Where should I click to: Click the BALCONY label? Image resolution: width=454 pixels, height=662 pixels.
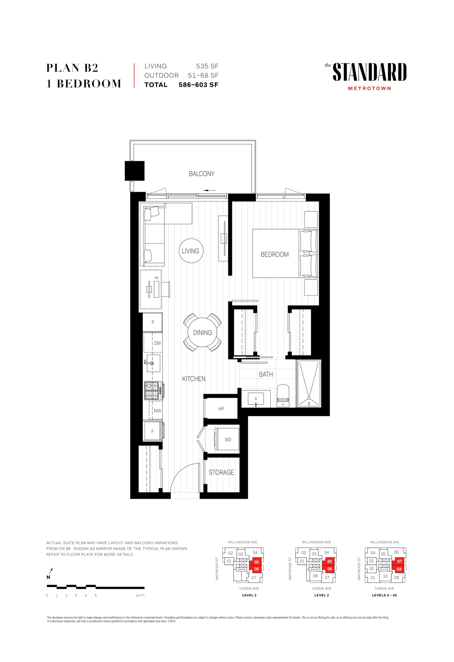pos(202,174)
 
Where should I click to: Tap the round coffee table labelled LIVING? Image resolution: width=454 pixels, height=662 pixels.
pos(191,251)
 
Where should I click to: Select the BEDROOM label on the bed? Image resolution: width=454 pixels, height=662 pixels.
pos(275,254)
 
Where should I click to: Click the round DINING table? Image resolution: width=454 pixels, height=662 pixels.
pos(202,332)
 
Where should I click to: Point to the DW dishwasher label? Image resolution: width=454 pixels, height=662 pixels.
pos(158,343)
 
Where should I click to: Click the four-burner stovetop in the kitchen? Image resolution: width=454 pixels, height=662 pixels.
pos(153,390)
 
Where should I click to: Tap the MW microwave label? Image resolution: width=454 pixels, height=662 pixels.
pos(158,411)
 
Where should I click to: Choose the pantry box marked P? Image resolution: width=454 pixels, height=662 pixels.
pos(153,322)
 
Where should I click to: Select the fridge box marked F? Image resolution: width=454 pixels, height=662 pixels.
pos(153,431)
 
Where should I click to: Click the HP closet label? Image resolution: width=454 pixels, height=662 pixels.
pos(221,409)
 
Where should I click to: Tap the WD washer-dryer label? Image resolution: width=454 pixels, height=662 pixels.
pos(228,440)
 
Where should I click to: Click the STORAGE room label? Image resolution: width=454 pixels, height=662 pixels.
pos(221,472)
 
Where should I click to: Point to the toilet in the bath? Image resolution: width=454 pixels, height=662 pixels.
pos(283,396)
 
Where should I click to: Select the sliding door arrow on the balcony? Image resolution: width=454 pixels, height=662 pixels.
pos(210,190)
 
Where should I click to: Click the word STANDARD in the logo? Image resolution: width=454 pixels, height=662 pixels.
pos(370,72)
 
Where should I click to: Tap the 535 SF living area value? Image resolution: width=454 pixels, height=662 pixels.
pos(208,66)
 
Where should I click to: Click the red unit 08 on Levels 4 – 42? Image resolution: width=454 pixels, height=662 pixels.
pos(399,569)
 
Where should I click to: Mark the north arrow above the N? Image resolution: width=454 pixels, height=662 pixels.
pos(51,571)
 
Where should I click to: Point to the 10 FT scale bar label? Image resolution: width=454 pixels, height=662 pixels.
pos(140,595)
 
